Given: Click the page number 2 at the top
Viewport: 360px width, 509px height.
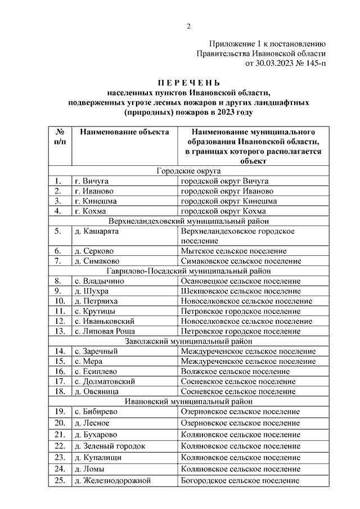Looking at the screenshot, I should [x=189, y=26].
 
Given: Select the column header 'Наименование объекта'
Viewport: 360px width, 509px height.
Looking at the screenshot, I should [x=124, y=132].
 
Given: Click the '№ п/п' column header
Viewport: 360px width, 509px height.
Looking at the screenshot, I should [x=60, y=137].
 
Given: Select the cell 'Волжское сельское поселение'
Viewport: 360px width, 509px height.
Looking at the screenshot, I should [x=236, y=371].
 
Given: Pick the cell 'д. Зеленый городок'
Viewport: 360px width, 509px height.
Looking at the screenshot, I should [x=110, y=445].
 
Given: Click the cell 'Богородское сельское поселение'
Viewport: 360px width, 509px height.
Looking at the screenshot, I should [x=240, y=481].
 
